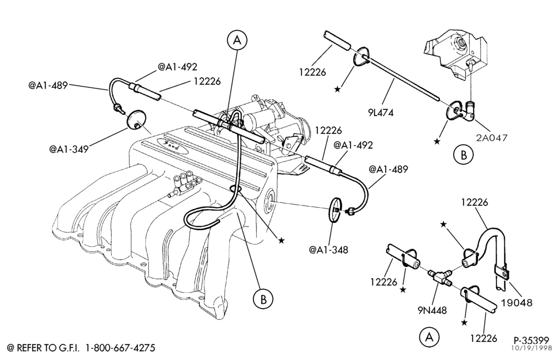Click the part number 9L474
pos(381,113)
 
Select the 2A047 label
pos(492,137)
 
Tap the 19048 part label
pos(517,302)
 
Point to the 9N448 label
pos(432,311)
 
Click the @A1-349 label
pos(69,148)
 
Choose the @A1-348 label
pos(329,249)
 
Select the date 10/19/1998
pos(530,348)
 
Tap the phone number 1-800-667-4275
pos(121,348)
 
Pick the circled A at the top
pos(237,41)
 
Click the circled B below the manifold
pos(263,300)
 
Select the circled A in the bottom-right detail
pos(429,337)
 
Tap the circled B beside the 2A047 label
pos(463,155)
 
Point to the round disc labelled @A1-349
pos(136,120)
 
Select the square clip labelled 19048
pos(502,272)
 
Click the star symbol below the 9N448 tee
pos(464,322)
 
